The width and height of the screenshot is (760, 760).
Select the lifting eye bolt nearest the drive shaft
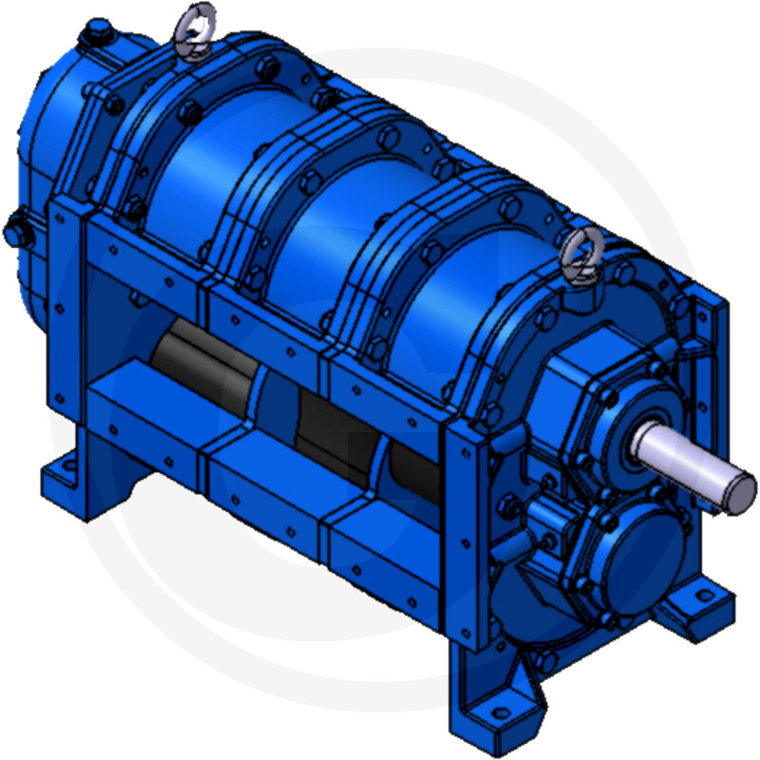point(577,256)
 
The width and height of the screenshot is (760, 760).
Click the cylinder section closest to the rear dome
point(185,180)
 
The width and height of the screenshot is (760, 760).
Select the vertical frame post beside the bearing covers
point(470,532)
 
